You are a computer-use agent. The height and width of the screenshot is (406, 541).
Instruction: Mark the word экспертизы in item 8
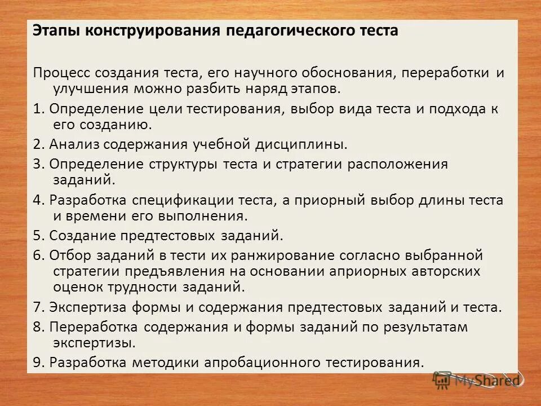click(94, 342)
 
